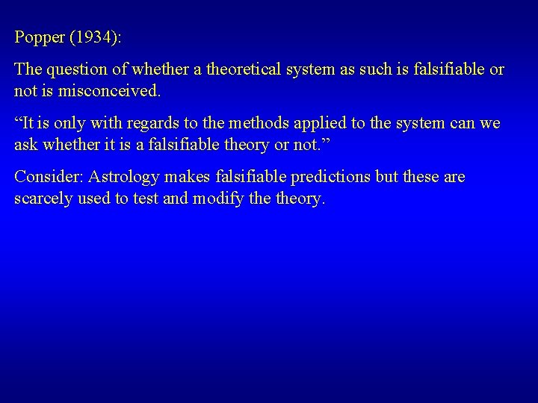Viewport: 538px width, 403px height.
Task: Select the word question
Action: [78, 69]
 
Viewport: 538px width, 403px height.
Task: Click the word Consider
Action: [49, 177]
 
